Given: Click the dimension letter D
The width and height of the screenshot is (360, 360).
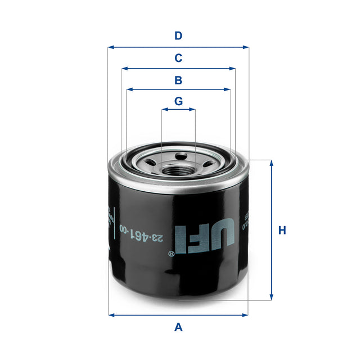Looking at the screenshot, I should pos(178,36).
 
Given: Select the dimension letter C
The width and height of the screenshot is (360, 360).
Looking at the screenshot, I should pos(178,58).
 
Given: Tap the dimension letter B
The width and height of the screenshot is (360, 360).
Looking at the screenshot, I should pos(178,80).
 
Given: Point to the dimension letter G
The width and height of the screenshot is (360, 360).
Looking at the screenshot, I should pos(178,101).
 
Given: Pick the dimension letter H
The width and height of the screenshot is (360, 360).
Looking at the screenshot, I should pos(282,230).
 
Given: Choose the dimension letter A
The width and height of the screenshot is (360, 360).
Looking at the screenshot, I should pos(178,327).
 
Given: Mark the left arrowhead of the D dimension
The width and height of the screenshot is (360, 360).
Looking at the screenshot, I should pos(111,47).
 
